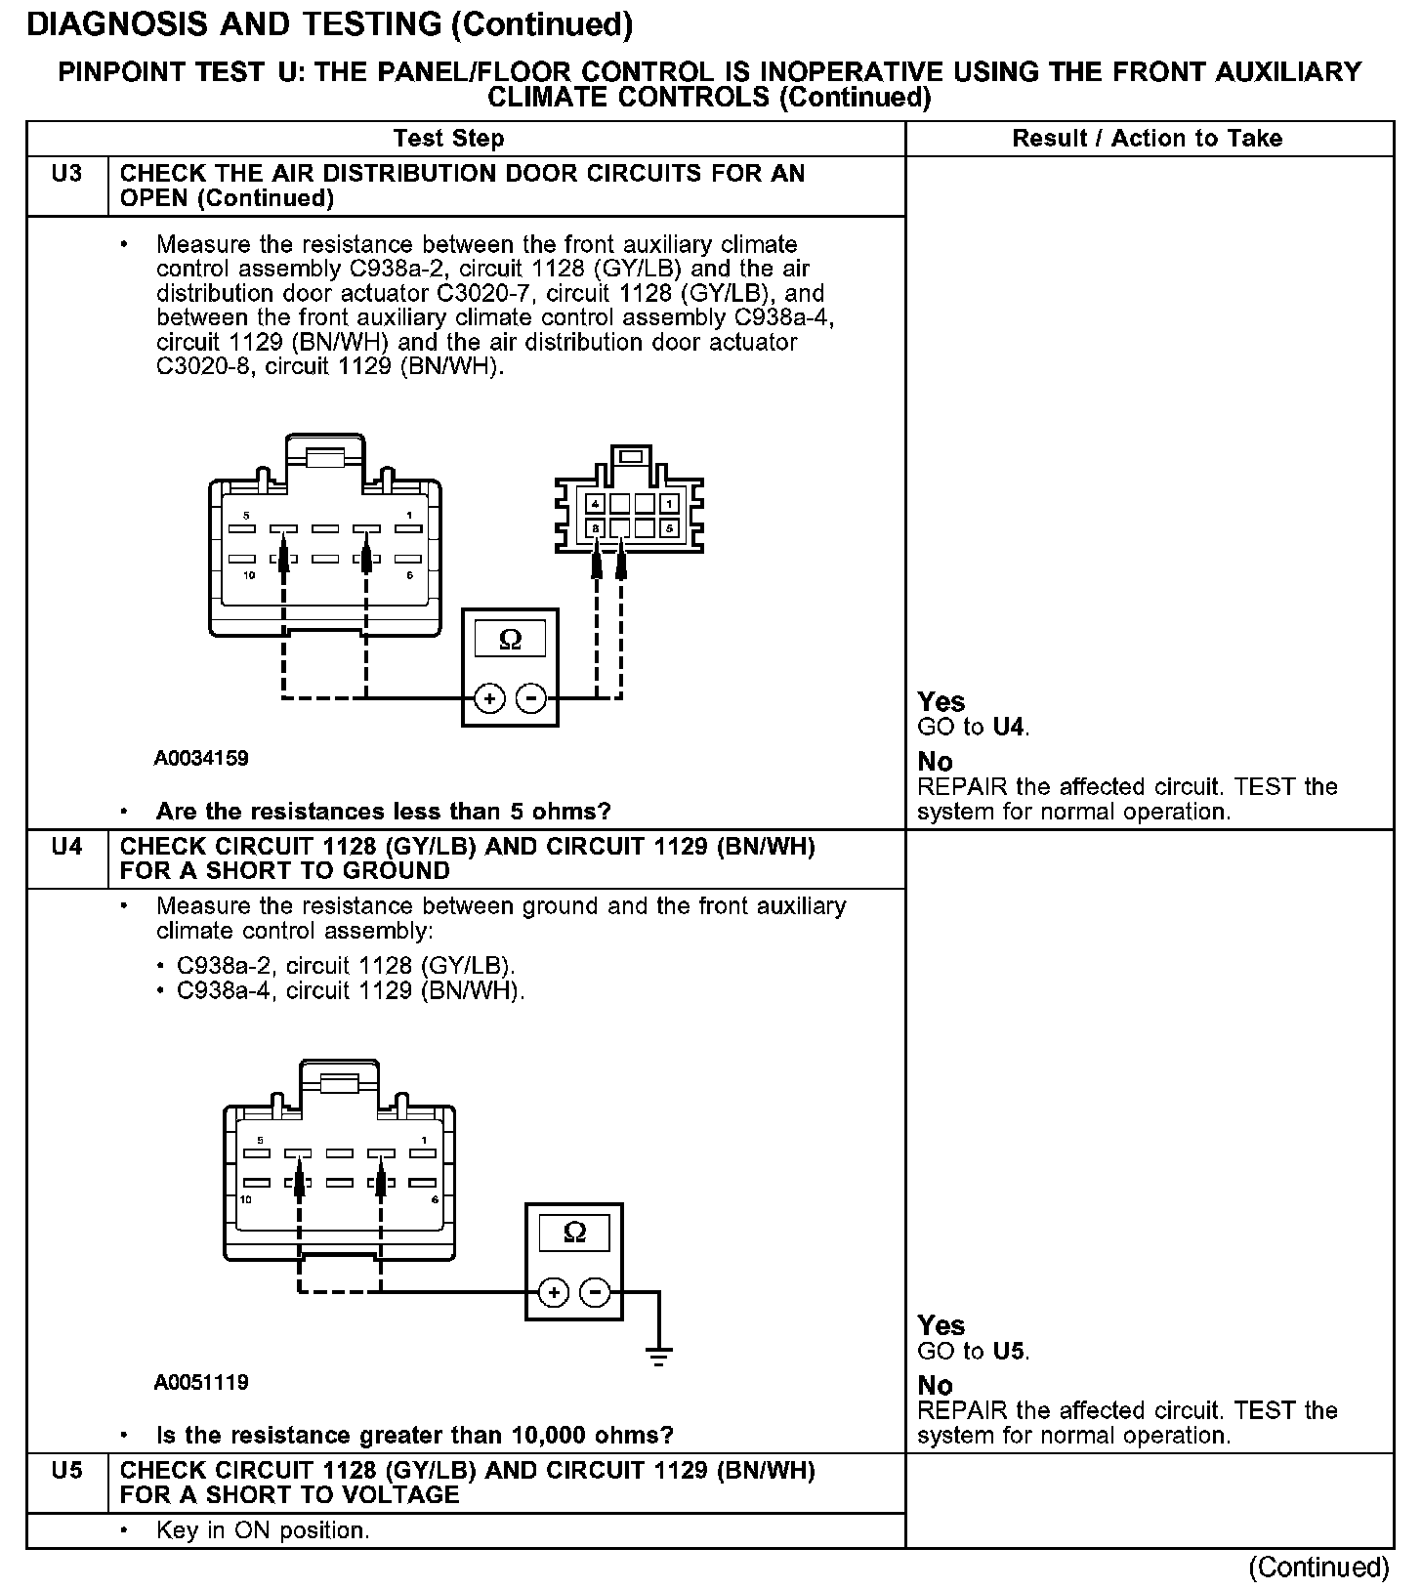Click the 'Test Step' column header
[448, 139]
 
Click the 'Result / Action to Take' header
[1147, 139]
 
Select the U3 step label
[66, 174]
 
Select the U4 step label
[66, 847]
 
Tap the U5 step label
[66, 1470]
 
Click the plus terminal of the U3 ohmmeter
[488, 698]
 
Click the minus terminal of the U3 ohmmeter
[530, 698]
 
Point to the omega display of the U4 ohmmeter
[574, 1232]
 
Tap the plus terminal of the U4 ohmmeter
[553, 1292]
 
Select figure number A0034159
[201, 758]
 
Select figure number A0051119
[201, 1382]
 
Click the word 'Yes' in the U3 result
[941, 702]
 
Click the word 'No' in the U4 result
[935, 1385]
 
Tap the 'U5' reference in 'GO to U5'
[1009, 1352]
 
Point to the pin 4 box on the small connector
[595, 504]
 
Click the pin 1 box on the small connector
[669, 504]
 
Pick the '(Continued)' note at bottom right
[1318, 1567]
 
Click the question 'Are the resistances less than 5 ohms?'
[383, 812]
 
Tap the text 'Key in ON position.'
[263, 1530]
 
